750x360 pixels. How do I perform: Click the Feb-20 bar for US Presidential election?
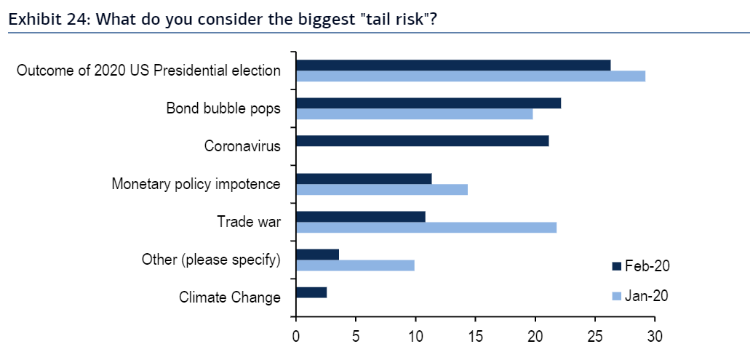pyautogui.click(x=452, y=65)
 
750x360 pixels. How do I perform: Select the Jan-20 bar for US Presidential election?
pyautogui.click(x=470, y=76)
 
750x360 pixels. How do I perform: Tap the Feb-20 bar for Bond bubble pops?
pyautogui.click(x=428, y=103)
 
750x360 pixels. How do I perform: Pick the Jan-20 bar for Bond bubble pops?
pyautogui.click(x=414, y=113)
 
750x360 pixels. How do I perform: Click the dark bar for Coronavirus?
pyautogui.click(x=422, y=141)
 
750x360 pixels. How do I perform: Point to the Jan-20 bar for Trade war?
pyautogui.click(x=426, y=228)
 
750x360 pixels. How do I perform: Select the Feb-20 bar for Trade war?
pyautogui.click(x=360, y=217)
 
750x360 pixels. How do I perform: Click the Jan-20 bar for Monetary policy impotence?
pyautogui.click(x=381, y=190)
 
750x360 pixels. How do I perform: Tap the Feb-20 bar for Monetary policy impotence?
pyautogui.click(x=363, y=179)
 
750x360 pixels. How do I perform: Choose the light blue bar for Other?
pyautogui.click(x=355, y=265)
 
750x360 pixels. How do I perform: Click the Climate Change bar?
pyautogui.click(x=311, y=292)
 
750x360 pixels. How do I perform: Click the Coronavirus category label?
pyautogui.click(x=242, y=146)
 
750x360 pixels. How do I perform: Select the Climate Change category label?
pyautogui.click(x=229, y=297)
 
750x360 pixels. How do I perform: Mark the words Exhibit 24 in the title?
pyautogui.click(x=44, y=18)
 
